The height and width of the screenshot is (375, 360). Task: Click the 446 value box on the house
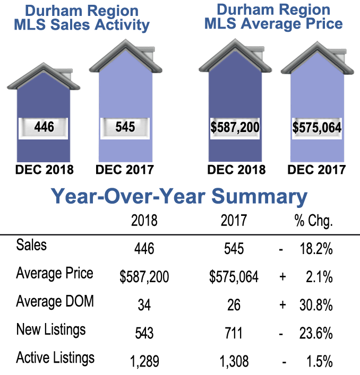click(x=44, y=127)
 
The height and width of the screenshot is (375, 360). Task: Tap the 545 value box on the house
click(x=125, y=127)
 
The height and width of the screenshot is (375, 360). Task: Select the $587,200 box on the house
click(x=235, y=127)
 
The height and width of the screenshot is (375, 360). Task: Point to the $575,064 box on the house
click(x=317, y=127)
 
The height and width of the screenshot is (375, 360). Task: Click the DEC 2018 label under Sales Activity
click(x=45, y=170)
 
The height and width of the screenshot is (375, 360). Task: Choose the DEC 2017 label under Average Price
click(x=317, y=170)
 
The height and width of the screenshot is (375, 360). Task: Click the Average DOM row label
click(x=55, y=302)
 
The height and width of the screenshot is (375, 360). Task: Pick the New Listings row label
click(x=50, y=330)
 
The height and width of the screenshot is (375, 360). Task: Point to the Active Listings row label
click(x=55, y=358)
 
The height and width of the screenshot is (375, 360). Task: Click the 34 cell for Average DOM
click(x=144, y=305)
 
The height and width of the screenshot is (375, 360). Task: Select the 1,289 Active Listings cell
click(x=144, y=361)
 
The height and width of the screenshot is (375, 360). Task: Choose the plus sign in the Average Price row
click(x=282, y=277)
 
